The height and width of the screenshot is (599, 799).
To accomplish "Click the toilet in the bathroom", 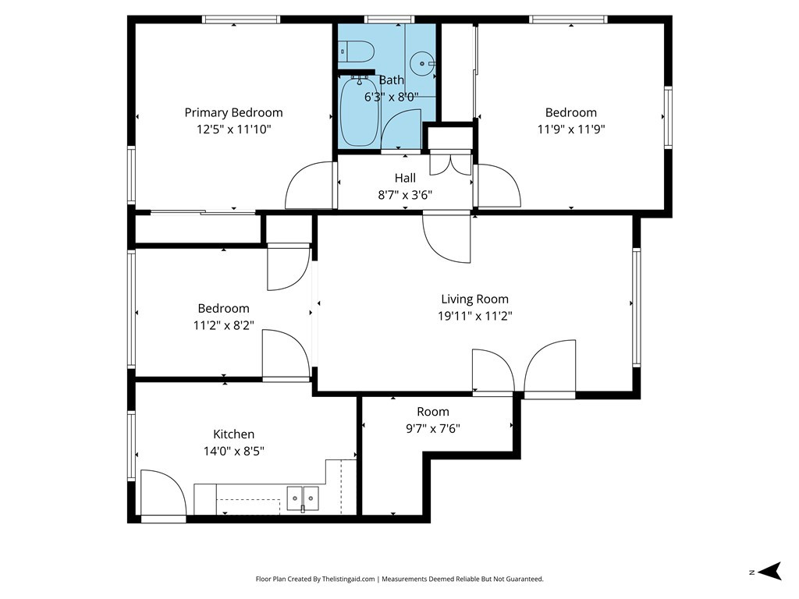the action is [356, 52].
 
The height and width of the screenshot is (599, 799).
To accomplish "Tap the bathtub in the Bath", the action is [360, 111].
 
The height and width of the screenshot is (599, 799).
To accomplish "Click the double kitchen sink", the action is [303, 498].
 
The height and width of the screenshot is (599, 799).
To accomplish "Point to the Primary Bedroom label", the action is [233, 112].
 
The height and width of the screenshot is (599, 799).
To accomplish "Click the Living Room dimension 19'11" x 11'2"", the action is [475, 317].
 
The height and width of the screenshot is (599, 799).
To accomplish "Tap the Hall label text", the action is [405, 178].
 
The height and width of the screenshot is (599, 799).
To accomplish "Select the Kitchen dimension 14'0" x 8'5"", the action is [234, 452].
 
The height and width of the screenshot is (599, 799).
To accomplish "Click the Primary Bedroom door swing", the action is [310, 186].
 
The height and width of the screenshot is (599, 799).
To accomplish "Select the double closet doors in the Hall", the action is [451, 163].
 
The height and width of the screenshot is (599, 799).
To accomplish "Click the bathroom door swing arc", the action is [401, 131].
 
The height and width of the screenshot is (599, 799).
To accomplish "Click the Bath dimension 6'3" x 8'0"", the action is [392, 97].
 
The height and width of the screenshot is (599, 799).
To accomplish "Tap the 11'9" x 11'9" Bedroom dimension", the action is [571, 129].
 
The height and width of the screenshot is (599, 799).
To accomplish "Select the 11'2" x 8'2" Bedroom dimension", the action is [224, 325].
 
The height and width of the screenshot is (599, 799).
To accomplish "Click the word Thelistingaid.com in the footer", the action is [349, 580].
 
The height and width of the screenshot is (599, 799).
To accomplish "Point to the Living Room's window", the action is [637, 307].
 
